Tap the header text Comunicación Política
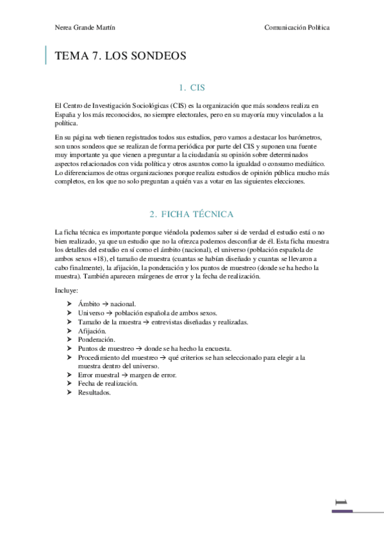point(297,28)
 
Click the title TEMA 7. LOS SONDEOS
point(121,56)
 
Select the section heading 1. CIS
point(192,87)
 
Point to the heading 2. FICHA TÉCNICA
point(192,214)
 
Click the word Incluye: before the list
point(67,291)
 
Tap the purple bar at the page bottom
point(342,511)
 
